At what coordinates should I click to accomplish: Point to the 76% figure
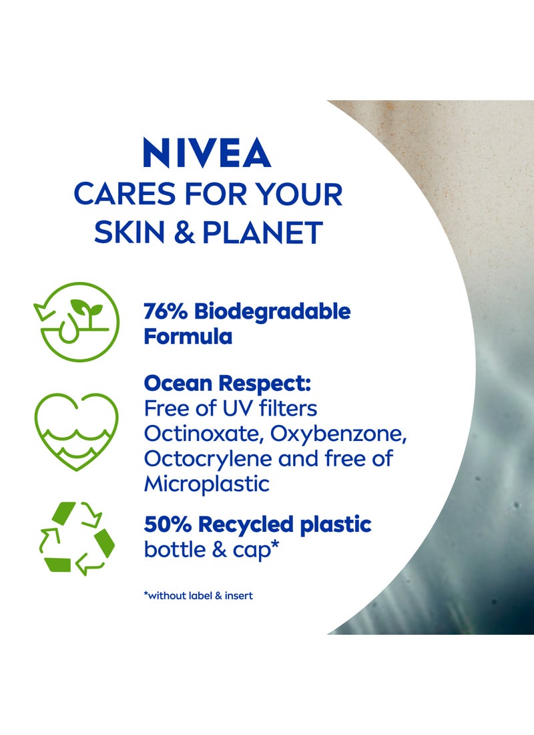coord(165,311)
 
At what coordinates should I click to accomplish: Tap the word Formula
coord(188,336)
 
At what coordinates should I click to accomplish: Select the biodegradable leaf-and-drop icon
coord(75,322)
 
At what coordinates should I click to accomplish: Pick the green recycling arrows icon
coord(76,539)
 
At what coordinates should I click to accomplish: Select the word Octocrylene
coord(199,458)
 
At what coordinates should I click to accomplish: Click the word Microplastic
coord(206,484)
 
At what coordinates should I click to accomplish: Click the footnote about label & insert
coord(198,595)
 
